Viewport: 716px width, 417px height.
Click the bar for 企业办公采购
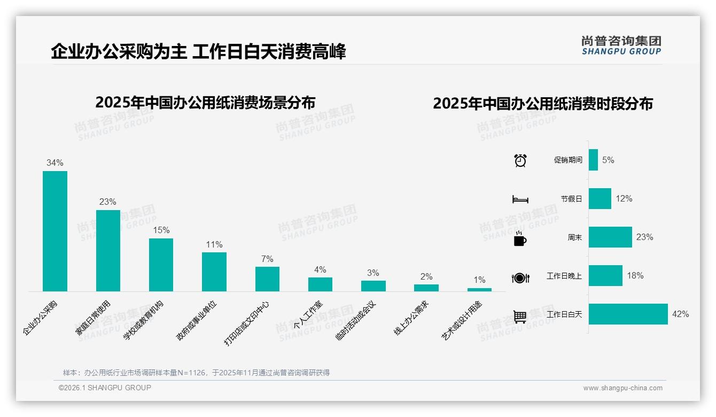[55, 231]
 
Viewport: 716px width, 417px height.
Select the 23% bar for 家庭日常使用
[108, 250]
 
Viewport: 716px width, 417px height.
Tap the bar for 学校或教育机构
[161, 265]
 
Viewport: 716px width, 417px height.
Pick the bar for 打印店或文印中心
[267, 279]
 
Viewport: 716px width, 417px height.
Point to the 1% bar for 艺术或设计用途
[479, 290]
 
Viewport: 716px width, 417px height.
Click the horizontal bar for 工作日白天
[628, 314]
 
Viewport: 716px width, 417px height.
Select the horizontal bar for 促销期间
[593, 160]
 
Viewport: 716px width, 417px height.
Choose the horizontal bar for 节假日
[600, 198]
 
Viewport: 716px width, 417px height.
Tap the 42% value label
[680, 314]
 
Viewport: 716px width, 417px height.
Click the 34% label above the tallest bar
[55, 163]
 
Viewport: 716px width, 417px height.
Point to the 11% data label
[214, 244]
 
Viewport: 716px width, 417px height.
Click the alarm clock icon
[520, 160]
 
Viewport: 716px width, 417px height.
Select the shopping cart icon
[520, 316]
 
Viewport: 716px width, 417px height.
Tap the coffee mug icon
[520, 239]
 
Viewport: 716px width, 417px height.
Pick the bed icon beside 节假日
[520, 199]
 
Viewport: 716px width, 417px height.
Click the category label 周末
[574, 237]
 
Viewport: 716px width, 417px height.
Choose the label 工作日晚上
[564, 276]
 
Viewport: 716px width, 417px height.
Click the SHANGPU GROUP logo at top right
[621, 45]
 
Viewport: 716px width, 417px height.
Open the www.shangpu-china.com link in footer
[622, 388]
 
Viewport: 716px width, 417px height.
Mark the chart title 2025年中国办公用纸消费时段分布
[543, 103]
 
